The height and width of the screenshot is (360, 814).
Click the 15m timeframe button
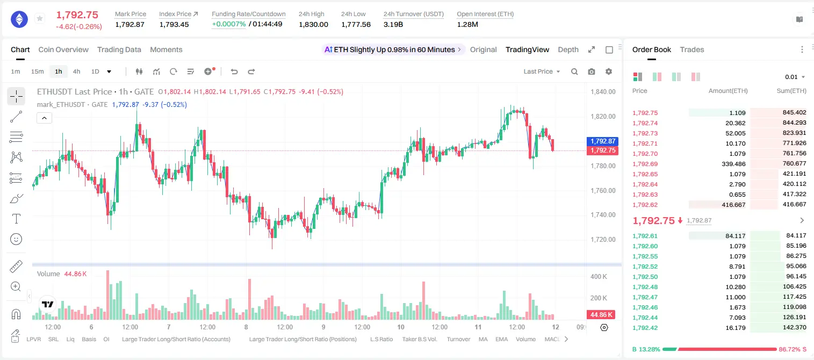click(x=38, y=71)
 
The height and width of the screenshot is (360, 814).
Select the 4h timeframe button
click(x=76, y=71)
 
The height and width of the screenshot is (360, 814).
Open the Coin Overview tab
click(x=63, y=49)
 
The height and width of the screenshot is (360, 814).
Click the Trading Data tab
click(x=119, y=49)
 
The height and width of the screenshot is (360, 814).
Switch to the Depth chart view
click(x=568, y=49)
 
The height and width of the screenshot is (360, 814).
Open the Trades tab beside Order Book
click(x=691, y=49)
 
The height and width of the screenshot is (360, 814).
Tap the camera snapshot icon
click(x=591, y=71)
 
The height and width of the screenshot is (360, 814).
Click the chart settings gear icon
click(x=608, y=71)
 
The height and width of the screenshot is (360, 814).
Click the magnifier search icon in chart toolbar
click(x=574, y=71)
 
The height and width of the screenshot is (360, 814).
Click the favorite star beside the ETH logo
click(x=40, y=18)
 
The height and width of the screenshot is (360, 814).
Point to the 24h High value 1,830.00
click(x=313, y=24)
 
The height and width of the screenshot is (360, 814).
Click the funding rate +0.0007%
click(x=228, y=24)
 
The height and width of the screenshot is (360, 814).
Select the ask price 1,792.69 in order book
click(x=645, y=164)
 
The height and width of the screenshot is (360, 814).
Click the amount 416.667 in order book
click(x=733, y=205)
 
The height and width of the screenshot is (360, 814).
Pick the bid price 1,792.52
click(x=645, y=267)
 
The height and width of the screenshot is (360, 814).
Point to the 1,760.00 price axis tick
click(x=603, y=190)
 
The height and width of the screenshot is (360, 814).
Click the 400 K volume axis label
click(x=599, y=277)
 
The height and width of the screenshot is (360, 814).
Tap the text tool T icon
click(x=16, y=219)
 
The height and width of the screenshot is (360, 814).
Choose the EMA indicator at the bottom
click(x=501, y=339)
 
